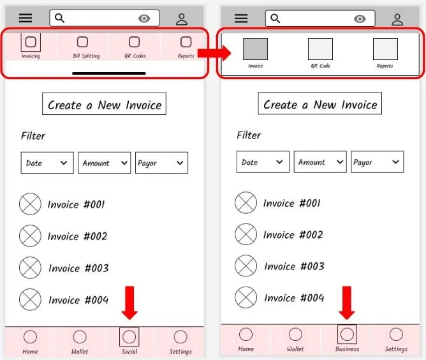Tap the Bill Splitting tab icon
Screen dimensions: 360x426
82,42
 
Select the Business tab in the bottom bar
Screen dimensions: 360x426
347,335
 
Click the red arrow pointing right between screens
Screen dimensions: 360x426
208,52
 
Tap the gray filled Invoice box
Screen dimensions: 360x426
255,49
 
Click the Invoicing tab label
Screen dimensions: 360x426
31,56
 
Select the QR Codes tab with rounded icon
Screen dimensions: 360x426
134,42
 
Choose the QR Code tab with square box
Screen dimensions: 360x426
320,49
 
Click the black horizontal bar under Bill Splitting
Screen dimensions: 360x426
108,73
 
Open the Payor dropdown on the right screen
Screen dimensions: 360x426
378,162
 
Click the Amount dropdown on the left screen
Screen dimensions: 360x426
104,163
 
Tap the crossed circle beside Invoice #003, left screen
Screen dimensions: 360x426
30,267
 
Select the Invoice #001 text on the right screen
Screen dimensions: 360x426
292,203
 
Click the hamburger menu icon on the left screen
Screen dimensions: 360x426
25,19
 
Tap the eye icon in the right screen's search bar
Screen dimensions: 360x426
360,19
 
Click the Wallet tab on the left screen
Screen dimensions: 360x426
80,341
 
